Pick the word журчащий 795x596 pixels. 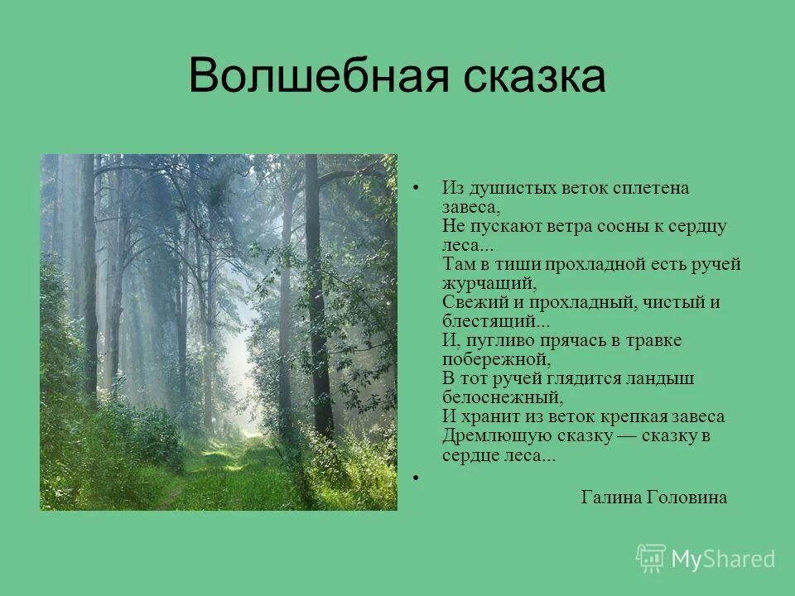click(484, 283)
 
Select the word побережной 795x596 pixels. click(494, 359)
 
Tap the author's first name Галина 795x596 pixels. click(610, 497)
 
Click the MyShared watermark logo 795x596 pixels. click(706, 559)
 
